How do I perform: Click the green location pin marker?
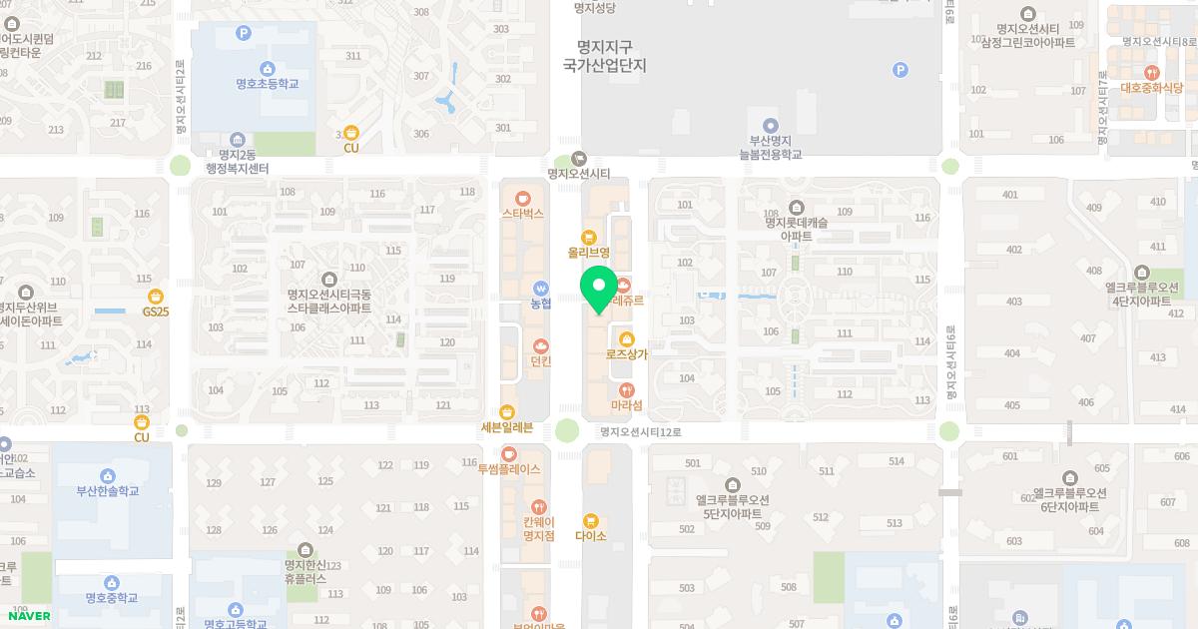[x=599, y=288]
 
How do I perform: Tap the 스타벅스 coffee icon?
[x=522, y=197]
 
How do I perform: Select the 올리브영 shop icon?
[x=588, y=238]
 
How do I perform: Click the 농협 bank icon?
[x=540, y=289]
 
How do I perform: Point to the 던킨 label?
[x=541, y=361]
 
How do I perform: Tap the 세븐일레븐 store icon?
[x=507, y=412]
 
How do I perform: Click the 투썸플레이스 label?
[x=509, y=468]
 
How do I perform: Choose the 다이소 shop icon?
[x=590, y=520]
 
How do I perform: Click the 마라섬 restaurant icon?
[x=627, y=389]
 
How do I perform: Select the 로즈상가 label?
[x=627, y=354]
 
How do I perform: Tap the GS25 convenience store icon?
[x=155, y=297]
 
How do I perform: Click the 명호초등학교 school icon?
[x=267, y=69]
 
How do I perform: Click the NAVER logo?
[x=28, y=616]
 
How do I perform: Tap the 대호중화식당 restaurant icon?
[x=1151, y=72]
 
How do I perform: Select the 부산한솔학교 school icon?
[x=108, y=475]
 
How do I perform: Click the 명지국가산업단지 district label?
[x=605, y=56]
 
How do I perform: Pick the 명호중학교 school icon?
[x=112, y=582]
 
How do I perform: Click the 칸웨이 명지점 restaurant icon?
[x=539, y=507]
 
